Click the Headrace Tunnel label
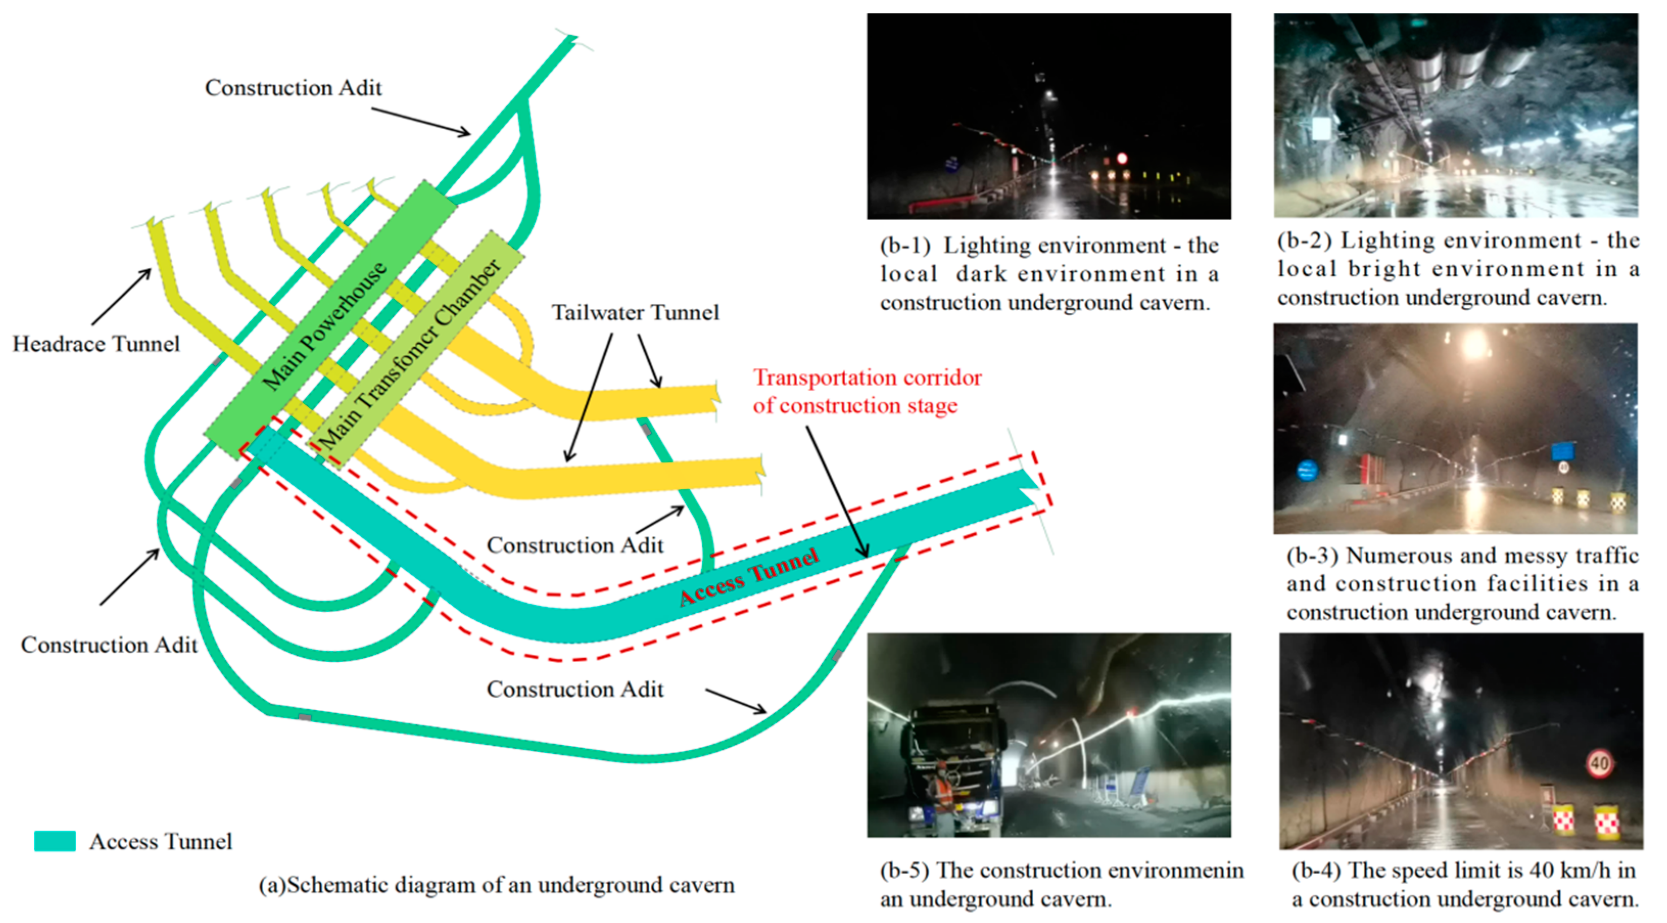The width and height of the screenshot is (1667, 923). coord(96,344)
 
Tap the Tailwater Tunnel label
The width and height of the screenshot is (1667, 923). coord(635,313)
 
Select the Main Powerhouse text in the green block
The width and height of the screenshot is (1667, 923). coord(325,325)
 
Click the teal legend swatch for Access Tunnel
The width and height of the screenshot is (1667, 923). coord(55,841)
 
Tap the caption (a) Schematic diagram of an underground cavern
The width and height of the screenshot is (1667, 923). coord(496,885)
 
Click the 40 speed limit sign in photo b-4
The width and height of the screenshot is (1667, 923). coord(1599,763)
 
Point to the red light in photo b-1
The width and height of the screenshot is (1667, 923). coord(1122,158)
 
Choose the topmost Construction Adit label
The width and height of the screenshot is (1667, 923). coord(293,87)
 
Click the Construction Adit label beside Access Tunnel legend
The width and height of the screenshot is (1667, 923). coord(109,645)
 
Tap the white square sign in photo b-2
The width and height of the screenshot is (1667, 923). coord(1321,129)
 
